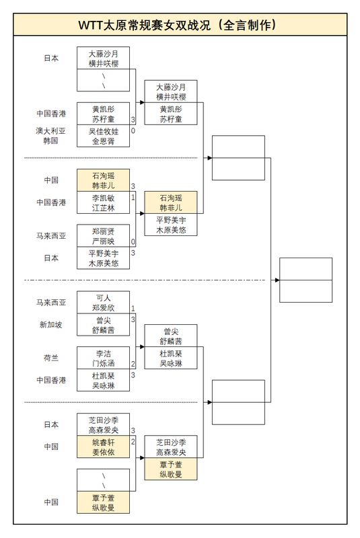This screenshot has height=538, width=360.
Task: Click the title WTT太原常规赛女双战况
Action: pyautogui.click(x=180, y=25)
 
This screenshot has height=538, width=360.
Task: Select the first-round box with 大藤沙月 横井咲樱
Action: pyautogui.click(x=103, y=58)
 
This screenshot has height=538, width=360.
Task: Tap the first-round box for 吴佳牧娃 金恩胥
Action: pyautogui.click(x=103, y=137)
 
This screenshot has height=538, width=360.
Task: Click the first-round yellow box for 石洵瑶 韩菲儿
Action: pyautogui.click(x=103, y=180)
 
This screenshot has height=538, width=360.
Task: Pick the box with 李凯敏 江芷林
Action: pyautogui.click(x=103, y=202)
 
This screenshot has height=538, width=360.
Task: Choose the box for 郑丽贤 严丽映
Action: pyautogui.click(x=103, y=235)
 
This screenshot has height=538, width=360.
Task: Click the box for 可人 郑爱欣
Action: pyautogui.click(x=103, y=303)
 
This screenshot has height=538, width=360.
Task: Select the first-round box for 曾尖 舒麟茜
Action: pyautogui.click(x=103, y=325)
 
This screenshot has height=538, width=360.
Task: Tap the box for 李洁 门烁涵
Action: pyautogui.click(x=103, y=358)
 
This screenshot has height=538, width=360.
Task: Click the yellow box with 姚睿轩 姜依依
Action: pyautogui.click(x=103, y=447)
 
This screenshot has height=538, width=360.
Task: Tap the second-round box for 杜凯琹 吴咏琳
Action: pyautogui.click(x=171, y=358)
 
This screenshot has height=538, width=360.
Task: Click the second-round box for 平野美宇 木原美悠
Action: pyautogui.click(x=171, y=225)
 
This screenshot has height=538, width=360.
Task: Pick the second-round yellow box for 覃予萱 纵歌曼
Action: pyautogui.click(x=171, y=469)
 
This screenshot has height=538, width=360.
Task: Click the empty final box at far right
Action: pyautogui.click(x=305, y=280)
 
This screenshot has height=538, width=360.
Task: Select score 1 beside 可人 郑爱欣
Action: pyautogui.click(x=133, y=309)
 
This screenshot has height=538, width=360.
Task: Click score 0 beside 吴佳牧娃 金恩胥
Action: pyautogui.click(x=133, y=130)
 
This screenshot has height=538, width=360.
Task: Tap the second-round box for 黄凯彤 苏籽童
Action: pyautogui.click(x=171, y=114)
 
